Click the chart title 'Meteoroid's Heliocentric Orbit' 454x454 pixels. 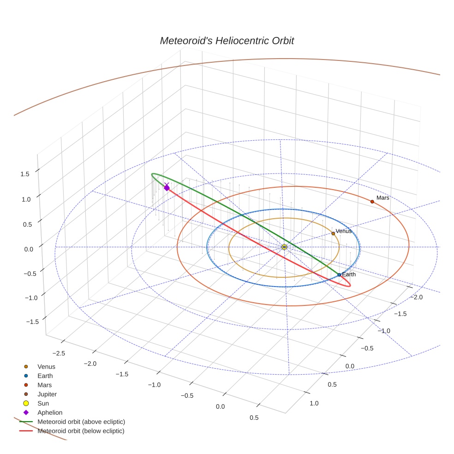click(x=227, y=41)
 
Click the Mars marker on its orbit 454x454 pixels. click(x=372, y=202)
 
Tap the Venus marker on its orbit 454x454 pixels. click(x=333, y=233)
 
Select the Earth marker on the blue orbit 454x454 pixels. click(x=339, y=275)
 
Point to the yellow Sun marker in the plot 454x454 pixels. click(x=284, y=247)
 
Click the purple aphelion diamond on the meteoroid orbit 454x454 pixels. click(x=167, y=187)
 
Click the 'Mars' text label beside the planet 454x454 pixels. click(x=383, y=198)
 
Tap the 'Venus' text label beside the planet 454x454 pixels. click(x=344, y=231)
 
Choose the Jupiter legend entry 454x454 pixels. click(x=47, y=394)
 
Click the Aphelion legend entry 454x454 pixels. click(x=50, y=412)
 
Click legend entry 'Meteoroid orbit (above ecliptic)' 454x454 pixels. click(x=81, y=422)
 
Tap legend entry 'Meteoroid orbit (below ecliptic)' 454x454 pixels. click(x=81, y=431)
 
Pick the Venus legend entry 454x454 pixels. click(x=46, y=367)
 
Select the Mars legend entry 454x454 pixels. click(x=44, y=385)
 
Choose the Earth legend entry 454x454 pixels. click(x=45, y=376)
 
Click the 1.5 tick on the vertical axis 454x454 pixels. click(x=24, y=174)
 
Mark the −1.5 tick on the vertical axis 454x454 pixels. click(x=22, y=322)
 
